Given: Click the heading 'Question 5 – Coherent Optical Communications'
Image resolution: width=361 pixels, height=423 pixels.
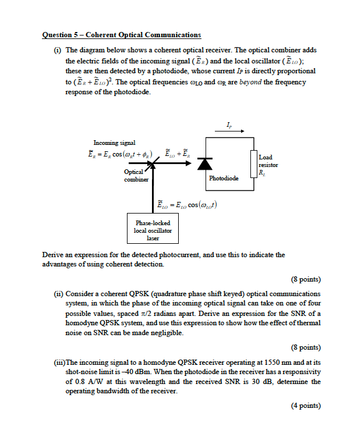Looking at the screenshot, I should point(122,35).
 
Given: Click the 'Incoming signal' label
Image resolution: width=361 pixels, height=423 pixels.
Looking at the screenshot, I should point(114,143).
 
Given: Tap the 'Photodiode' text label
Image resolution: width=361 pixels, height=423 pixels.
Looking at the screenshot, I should point(224,178).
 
